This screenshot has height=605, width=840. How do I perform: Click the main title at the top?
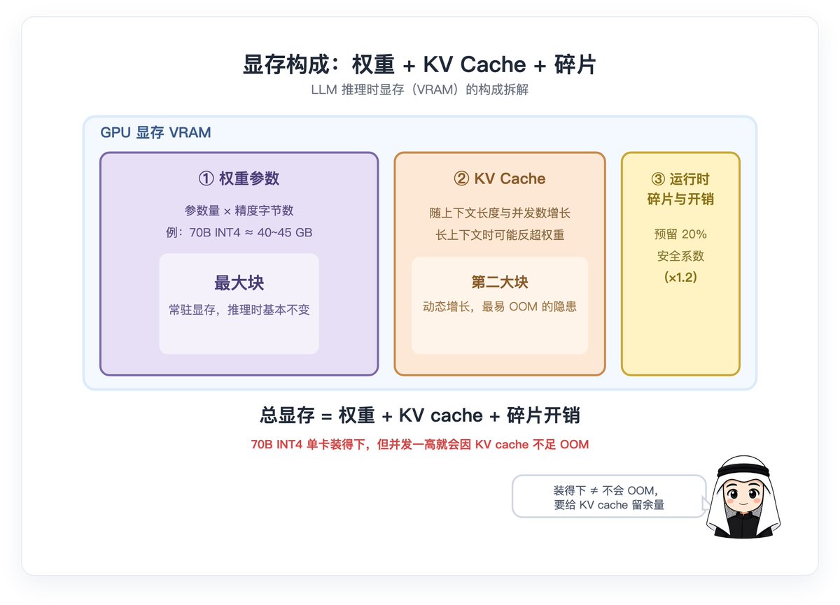tap(419, 64)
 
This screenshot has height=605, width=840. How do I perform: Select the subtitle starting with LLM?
tap(419, 90)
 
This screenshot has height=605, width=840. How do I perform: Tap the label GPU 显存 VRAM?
tap(155, 133)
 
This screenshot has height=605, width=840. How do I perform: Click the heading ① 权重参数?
tap(239, 178)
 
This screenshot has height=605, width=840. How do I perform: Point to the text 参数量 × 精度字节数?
tap(239, 211)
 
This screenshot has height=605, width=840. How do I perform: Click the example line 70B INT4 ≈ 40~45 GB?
tap(239, 233)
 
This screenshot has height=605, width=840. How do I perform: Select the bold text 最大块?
tap(239, 283)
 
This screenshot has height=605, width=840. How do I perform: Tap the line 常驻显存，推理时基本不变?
tap(239, 310)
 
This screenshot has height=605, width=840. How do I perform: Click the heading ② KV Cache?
tap(500, 178)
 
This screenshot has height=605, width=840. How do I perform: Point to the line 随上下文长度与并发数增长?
tap(500, 213)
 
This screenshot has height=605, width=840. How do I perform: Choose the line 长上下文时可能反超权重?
tap(500, 235)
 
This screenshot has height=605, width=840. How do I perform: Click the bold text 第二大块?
tap(500, 282)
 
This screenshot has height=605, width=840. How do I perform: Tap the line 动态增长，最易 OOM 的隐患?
tap(500, 307)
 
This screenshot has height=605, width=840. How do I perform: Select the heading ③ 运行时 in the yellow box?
tap(680, 179)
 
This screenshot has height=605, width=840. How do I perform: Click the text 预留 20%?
tap(680, 234)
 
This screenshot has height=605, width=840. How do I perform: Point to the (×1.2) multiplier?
tap(680, 277)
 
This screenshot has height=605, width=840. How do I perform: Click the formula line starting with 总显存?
tap(419, 415)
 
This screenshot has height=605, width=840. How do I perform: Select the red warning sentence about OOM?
tap(419, 445)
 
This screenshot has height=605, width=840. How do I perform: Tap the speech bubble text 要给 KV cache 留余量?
tap(609, 505)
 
